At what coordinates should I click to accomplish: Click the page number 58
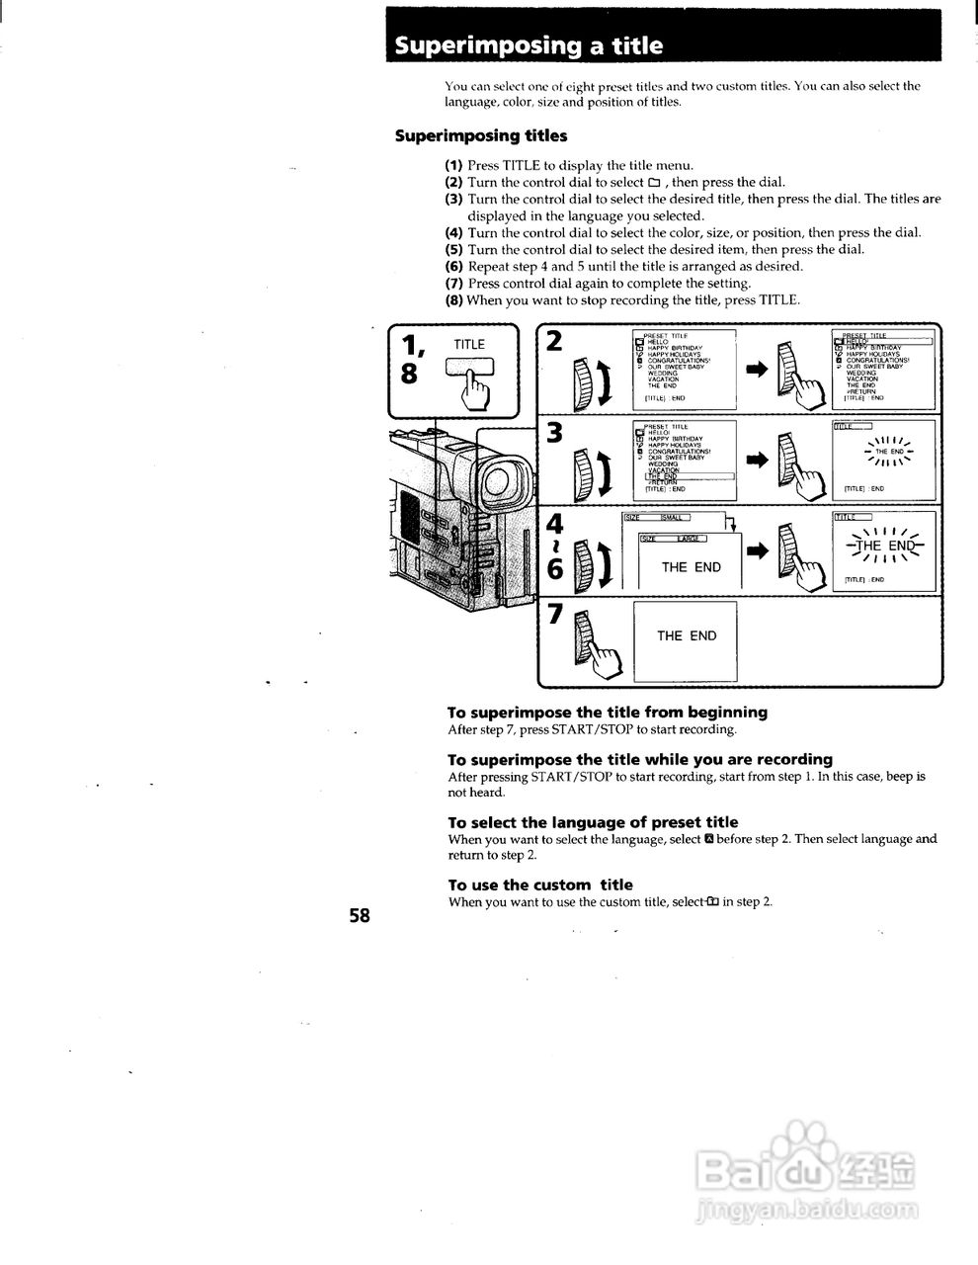tap(359, 916)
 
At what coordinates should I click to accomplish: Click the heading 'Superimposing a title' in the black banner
tap(529, 46)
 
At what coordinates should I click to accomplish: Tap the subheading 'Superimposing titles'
tap(480, 135)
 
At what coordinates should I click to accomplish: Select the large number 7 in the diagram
tap(554, 614)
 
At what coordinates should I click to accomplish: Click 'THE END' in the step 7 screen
tap(687, 636)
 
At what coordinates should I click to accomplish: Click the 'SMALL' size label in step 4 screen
tap(672, 518)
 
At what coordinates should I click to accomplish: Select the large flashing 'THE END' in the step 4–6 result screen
tap(886, 547)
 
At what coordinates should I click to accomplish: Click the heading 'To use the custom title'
tap(539, 885)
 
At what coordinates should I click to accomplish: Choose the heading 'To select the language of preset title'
tap(592, 822)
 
